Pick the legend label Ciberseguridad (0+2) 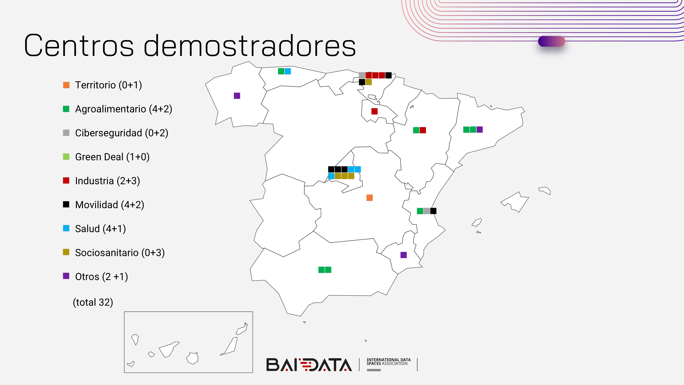pos(122,133)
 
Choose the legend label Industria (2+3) pos(108,181)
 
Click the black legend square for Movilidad pos(66,204)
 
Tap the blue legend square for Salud pos(66,228)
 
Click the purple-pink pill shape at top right pos(551,41)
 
